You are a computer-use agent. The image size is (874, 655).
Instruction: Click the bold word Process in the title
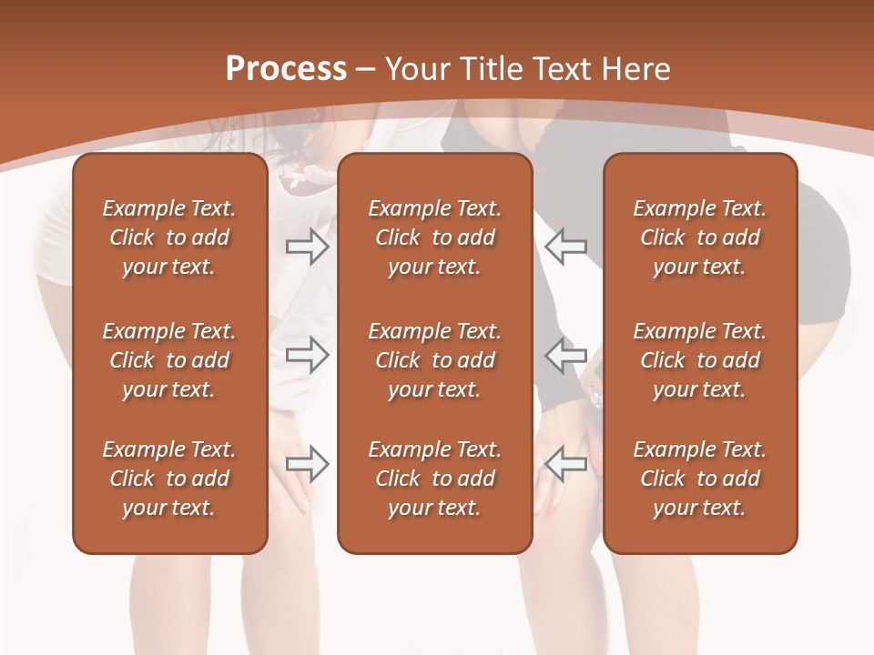coord(286,69)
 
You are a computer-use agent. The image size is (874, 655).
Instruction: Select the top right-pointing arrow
coord(307,247)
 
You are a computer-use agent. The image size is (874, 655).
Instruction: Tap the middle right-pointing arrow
coord(307,354)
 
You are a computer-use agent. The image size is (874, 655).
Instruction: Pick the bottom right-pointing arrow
coord(307,464)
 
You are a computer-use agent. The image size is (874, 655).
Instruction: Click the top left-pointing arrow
coord(565,247)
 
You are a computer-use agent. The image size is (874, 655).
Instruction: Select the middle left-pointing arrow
coord(565,354)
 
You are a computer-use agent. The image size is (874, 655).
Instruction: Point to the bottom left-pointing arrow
coord(565,464)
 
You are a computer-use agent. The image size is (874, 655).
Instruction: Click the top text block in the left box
coord(169,237)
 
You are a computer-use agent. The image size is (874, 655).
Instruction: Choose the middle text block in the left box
coord(169,360)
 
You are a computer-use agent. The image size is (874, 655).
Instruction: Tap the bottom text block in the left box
coord(169,479)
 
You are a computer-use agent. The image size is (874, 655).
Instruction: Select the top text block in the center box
coord(434,237)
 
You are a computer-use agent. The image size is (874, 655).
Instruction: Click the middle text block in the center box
coord(434,360)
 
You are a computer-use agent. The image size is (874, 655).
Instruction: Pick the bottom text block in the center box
coord(434,479)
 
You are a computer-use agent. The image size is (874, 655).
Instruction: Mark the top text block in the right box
coord(699,237)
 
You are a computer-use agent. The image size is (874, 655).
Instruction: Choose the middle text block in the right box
coord(699,360)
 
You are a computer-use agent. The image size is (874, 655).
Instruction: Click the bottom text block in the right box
coord(699,479)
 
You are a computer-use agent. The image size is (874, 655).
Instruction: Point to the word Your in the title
coord(417,69)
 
